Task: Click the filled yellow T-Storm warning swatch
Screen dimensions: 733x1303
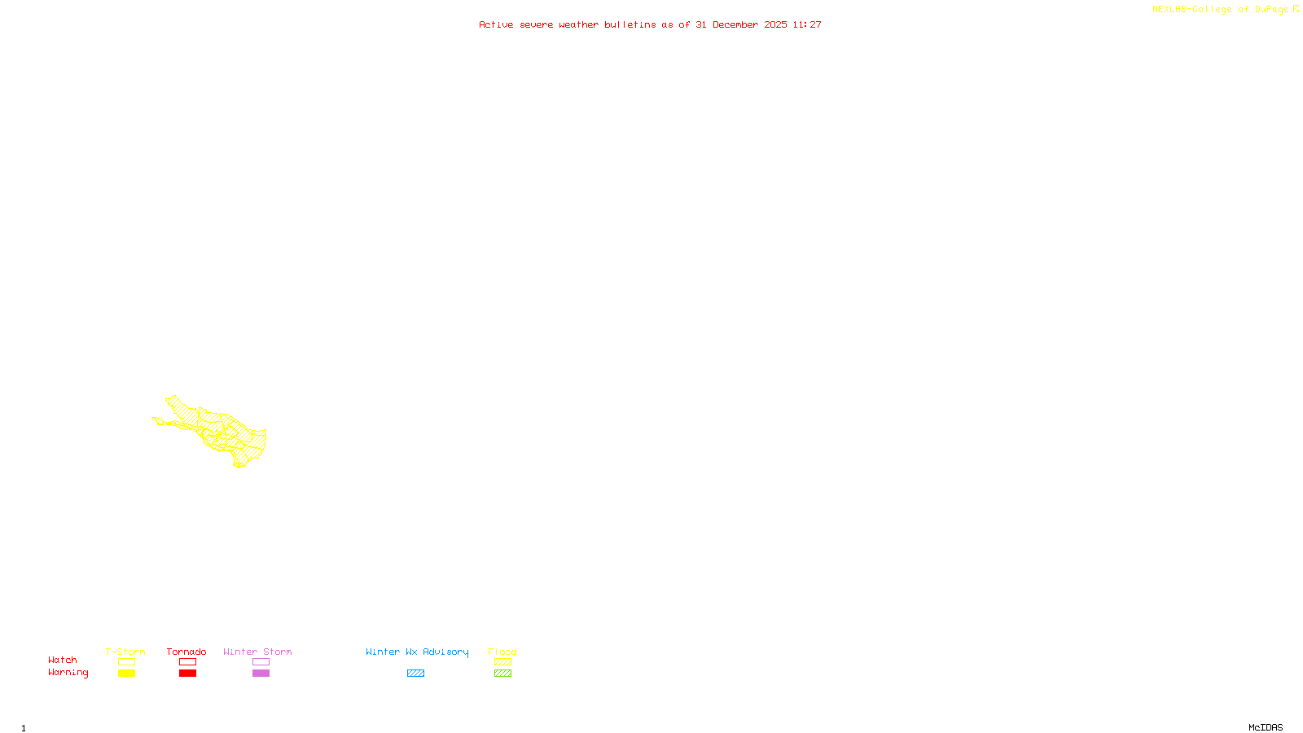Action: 126,674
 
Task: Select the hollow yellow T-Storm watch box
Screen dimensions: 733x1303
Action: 126,662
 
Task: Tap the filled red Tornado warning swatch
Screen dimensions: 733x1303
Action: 187,674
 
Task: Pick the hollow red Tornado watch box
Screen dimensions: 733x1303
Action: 187,662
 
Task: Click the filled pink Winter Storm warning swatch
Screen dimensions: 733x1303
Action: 261,674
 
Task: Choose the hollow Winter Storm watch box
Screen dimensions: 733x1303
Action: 261,662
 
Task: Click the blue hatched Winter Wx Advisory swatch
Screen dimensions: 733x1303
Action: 415,674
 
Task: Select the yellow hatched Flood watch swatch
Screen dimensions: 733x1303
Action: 502,662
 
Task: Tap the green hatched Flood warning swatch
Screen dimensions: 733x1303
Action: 502,674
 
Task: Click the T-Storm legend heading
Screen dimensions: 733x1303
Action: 125,652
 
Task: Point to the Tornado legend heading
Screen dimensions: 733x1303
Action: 186,652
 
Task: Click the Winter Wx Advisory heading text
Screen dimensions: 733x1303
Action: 417,652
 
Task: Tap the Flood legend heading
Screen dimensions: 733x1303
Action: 502,652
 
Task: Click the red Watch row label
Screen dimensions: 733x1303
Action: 63,661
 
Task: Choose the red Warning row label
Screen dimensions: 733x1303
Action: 68,673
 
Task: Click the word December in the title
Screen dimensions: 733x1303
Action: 735,25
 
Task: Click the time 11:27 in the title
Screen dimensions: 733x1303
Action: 807,25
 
